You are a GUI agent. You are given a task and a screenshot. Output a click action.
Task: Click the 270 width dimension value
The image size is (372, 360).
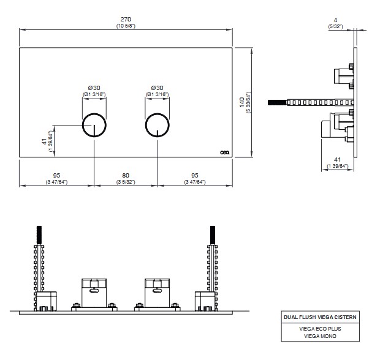[126, 19]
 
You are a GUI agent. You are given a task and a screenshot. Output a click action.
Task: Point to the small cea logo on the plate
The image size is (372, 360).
[224, 152]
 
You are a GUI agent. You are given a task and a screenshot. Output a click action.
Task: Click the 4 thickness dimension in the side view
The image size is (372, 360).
[336, 20]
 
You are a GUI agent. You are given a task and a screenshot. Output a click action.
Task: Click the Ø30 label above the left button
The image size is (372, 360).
[94, 87]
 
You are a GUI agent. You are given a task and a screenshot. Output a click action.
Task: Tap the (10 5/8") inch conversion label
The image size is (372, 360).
[126, 26]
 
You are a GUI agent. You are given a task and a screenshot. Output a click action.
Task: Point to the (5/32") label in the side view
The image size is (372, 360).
[336, 26]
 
